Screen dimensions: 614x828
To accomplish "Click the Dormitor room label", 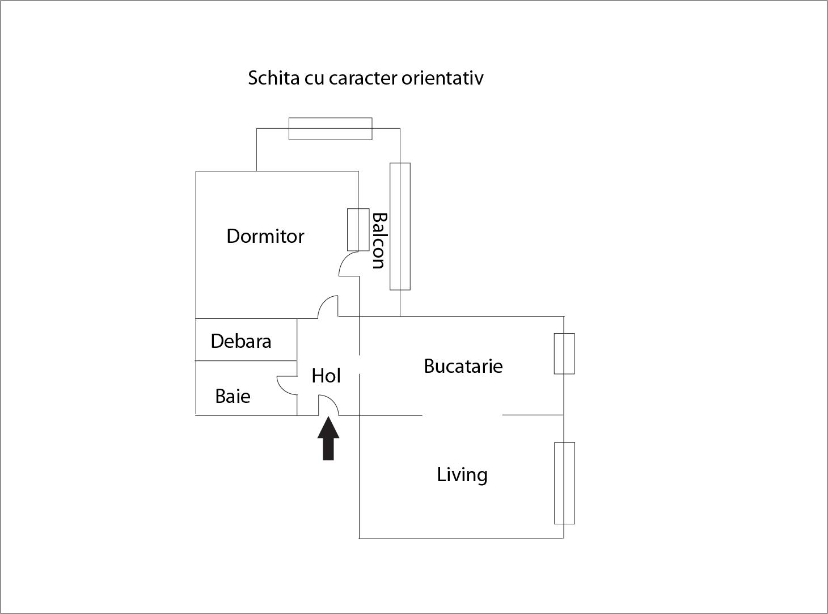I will [x=265, y=236].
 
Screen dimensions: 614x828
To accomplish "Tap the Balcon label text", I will [x=378, y=241].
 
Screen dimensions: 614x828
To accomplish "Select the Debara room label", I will [x=240, y=341].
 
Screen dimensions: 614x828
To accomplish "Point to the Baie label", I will [x=233, y=396].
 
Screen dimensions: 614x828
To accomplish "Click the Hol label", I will [x=326, y=376].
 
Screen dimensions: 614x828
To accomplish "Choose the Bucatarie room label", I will [x=463, y=366].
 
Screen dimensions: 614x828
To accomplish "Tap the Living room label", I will [x=462, y=474].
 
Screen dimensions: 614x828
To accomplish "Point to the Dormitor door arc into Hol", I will [x=328, y=306].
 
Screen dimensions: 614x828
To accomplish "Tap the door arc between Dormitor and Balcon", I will [x=348, y=265].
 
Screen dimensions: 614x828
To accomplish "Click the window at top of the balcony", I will [x=330, y=129].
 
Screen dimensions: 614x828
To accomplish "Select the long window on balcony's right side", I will [x=400, y=226].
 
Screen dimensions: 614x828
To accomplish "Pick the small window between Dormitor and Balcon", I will [x=358, y=230].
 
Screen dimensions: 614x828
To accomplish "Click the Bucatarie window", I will [x=564, y=354].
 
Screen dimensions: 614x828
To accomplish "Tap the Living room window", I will [x=564, y=483].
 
